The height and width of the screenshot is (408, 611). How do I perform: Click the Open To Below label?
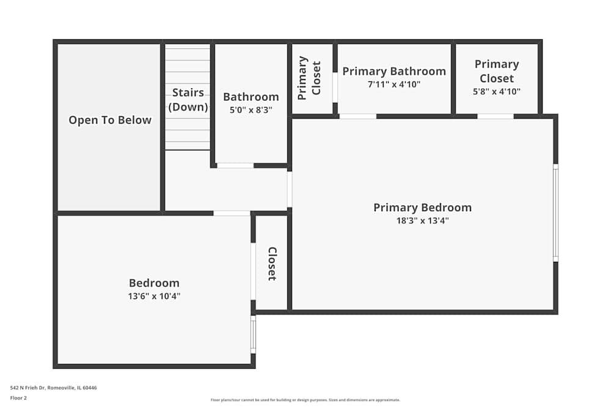click(x=110, y=120)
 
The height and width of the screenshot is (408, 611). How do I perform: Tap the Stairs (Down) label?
click(x=188, y=100)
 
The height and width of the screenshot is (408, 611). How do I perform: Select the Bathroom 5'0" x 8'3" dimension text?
click(x=251, y=111)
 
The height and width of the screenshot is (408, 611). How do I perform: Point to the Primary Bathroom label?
click(x=394, y=71)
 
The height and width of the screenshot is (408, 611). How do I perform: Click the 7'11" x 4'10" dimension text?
click(x=394, y=85)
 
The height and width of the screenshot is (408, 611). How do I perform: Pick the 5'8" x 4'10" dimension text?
click(x=497, y=92)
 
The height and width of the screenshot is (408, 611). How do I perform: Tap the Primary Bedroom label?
click(x=422, y=207)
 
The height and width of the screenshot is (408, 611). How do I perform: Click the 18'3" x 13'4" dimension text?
click(x=422, y=221)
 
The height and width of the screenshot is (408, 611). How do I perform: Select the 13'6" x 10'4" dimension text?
click(x=154, y=296)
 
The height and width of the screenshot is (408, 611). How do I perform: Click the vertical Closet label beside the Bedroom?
click(x=273, y=264)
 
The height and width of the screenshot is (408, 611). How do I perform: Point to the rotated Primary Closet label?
click(x=310, y=78)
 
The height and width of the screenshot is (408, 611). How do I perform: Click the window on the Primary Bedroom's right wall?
click(x=555, y=213)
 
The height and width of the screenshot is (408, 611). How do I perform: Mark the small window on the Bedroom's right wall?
click(x=253, y=334)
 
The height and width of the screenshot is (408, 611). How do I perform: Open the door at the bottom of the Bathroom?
click(x=235, y=165)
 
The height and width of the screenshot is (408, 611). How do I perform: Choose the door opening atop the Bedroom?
click(x=232, y=213)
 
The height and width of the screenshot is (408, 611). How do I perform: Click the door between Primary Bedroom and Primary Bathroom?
click(x=357, y=116)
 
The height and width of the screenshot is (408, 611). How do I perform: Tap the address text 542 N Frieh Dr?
click(x=53, y=387)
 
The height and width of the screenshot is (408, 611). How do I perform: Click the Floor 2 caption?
click(x=18, y=398)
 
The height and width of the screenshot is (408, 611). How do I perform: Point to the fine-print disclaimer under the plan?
click(x=305, y=399)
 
